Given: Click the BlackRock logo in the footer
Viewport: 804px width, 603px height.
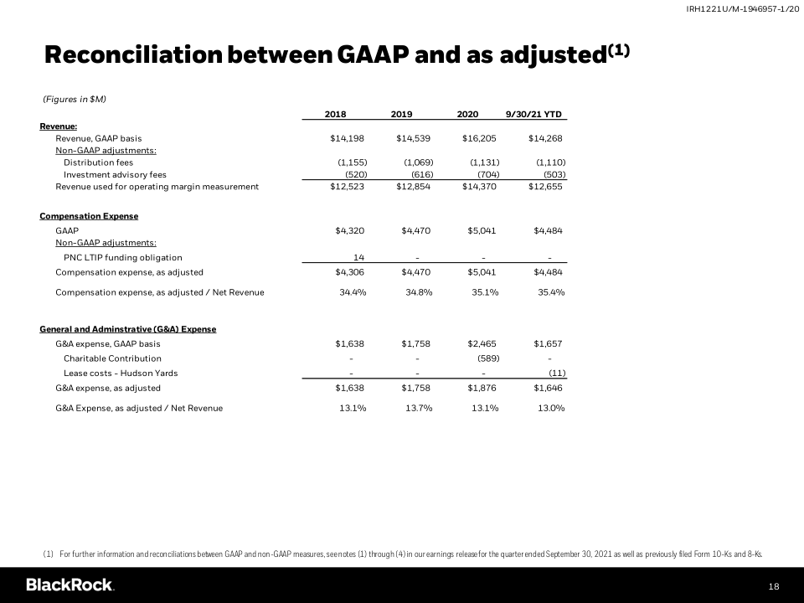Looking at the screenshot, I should point(70,585).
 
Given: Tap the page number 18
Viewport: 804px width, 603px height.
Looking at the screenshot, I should point(774,586).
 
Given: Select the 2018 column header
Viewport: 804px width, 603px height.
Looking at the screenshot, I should point(335,114).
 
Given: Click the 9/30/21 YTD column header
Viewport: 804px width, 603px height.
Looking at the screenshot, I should point(533,114).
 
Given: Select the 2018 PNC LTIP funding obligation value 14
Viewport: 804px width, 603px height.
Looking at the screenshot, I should point(358,257).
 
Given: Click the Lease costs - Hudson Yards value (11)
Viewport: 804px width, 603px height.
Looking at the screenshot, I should point(557,373).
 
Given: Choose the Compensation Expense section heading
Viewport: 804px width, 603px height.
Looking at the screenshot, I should point(89,216).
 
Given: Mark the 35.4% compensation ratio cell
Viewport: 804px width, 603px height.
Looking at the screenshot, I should point(551,292).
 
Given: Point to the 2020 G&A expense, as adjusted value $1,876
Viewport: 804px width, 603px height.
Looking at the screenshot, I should point(482,389).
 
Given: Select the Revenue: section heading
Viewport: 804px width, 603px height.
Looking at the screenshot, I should point(59,126).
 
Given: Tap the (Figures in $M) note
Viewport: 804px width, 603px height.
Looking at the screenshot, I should point(74,100).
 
